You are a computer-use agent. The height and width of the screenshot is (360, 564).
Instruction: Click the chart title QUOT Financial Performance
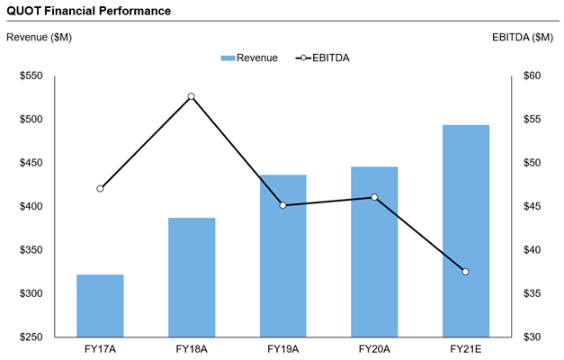click(x=86, y=10)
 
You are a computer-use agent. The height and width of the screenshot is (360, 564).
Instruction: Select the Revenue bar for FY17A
click(x=100, y=306)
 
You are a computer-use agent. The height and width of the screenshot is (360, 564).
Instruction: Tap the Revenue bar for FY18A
click(x=192, y=277)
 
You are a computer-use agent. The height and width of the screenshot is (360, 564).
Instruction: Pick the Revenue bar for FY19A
click(x=283, y=256)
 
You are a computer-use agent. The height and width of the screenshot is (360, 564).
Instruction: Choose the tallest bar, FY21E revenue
click(x=466, y=230)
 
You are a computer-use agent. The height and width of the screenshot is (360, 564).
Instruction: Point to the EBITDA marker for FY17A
click(x=100, y=188)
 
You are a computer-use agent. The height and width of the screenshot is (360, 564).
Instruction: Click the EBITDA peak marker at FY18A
click(x=192, y=96)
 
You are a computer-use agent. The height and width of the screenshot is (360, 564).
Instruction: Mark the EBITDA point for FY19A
click(x=283, y=205)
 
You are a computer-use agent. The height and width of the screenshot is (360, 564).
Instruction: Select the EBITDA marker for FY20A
click(x=374, y=197)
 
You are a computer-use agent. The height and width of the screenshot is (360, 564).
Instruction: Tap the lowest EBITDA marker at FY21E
click(x=466, y=272)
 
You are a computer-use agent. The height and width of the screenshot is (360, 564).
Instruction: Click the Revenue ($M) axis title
click(x=39, y=37)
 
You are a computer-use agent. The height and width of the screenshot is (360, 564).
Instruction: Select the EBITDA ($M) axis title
click(x=523, y=37)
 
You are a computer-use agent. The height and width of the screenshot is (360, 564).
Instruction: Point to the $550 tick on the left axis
click(x=31, y=76)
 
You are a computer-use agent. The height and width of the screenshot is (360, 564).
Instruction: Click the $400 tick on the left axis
click(x=31, y=206)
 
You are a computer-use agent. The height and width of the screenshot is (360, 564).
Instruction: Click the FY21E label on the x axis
click(x=466, y=347)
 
